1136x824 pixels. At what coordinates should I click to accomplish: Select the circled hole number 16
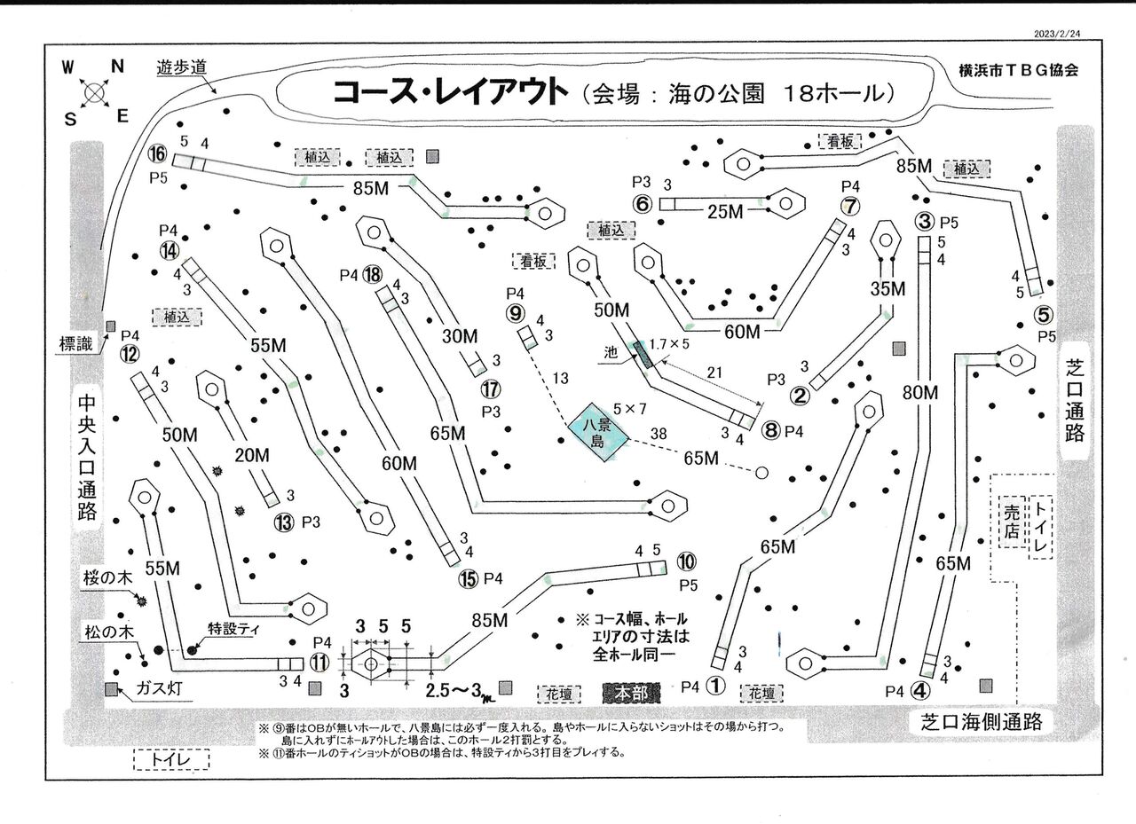[158, 154]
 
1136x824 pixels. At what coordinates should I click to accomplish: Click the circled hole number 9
[517, 312]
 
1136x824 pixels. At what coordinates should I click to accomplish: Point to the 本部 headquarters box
[631, 693]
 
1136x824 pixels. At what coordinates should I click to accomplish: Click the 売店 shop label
[1011, 523]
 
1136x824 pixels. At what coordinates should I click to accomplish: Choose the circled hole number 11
[319, 662]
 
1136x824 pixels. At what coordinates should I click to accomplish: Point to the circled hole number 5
[1044, 315]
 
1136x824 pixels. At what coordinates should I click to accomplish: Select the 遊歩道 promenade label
[182, 67]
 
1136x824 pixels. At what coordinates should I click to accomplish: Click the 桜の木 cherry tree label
[107, 577]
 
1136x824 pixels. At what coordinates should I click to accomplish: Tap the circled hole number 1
[717, 685]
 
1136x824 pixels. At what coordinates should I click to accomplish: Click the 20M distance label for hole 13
[252, 455]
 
